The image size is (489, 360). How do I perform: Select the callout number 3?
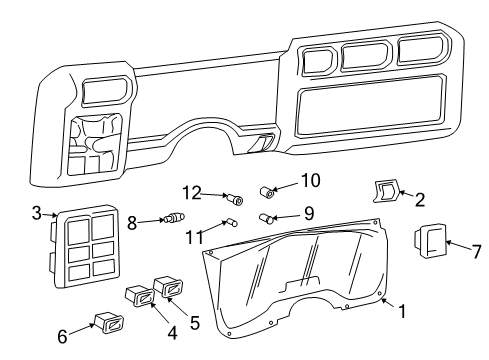(x=37, y=212)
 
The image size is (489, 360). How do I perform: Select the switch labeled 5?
(x=167, y=291)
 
